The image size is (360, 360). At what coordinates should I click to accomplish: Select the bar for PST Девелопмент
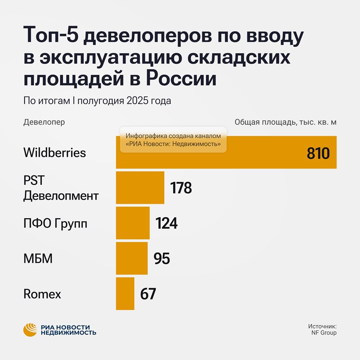point(140,188)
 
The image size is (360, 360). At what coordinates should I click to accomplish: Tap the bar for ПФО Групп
point(132,223)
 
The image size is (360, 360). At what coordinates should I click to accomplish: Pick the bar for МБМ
point(131,258)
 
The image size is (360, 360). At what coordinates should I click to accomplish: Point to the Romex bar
point(125,293)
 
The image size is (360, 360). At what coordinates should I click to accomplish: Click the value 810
point(318,154)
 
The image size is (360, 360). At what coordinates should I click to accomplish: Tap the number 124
point(167,223)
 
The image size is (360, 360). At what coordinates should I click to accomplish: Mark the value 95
point(162,258)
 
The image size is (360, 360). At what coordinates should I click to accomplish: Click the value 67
point(148,294)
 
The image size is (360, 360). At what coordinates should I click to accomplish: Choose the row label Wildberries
point(55,153)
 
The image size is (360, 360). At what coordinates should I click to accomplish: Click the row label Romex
point(42,294)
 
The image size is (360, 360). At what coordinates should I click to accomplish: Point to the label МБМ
point(38,258)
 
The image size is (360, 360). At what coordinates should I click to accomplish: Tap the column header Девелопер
point(44,122)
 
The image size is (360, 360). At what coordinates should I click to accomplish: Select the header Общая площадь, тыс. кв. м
point(285,122)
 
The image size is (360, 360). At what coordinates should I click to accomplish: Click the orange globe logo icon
point(30,330)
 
